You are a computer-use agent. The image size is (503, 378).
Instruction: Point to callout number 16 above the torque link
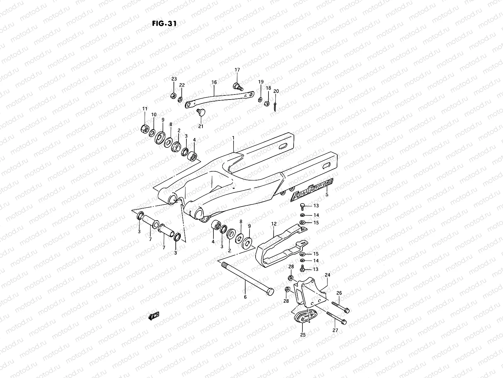coord(214,83)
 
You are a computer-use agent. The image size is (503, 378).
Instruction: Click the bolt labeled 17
coord(237,86)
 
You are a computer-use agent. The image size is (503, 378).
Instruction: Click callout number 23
coord(174,79)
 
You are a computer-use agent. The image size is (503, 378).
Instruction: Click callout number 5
coord(327,194)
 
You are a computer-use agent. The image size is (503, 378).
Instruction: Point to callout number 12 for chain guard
coord(274,224)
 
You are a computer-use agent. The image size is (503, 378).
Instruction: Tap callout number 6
coord(245,297)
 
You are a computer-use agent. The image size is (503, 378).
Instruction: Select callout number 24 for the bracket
coord(327,275)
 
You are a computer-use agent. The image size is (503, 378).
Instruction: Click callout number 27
coord(335,330)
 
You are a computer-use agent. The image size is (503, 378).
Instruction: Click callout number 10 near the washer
coord(154,114)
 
